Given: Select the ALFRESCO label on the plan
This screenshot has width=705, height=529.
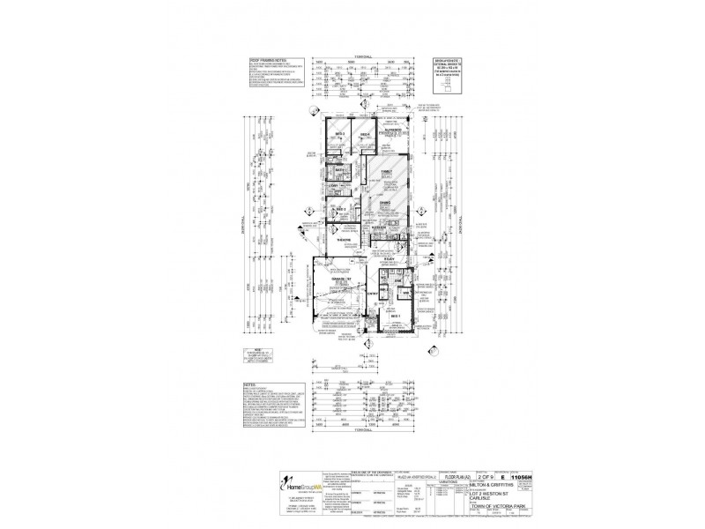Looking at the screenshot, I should (x=393, y=129).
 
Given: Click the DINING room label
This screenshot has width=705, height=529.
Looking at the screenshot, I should (x=385, y=203).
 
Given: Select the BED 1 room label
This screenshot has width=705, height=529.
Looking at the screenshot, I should (x=395, y=316).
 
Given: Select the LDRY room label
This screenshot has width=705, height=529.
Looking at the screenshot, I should (x=334, y=186).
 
